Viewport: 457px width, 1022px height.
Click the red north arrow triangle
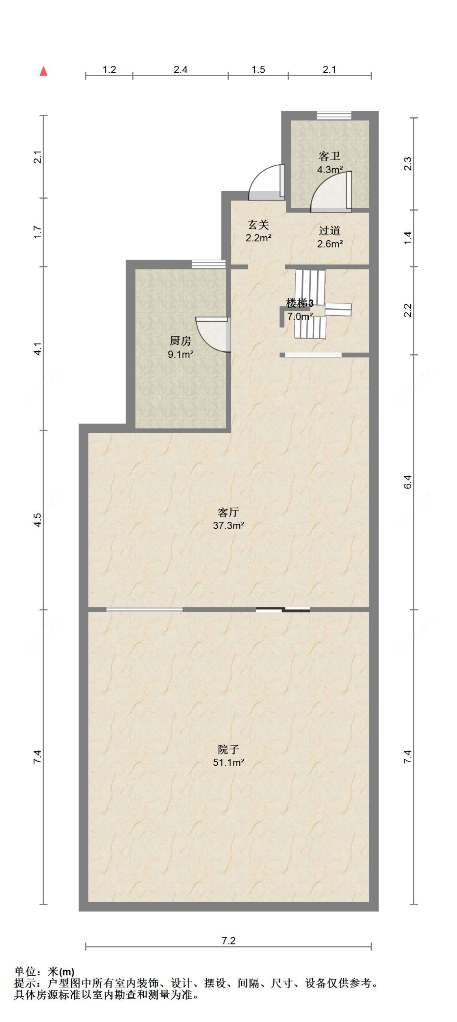[x=43, y=71]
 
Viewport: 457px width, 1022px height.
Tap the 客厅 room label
[x=228, y=512]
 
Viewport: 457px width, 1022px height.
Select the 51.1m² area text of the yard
[x=228, y=762]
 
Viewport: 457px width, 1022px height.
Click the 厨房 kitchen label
[x=180, y=341]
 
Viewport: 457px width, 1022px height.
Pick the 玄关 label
[x=258, y=224]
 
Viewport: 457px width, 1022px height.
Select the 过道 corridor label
[x=329, y=231]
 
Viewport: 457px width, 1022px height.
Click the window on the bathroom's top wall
[x=334, y=115]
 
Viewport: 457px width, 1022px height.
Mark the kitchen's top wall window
[x=208, y=264]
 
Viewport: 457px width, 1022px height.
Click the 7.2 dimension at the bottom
[x=228, y=940]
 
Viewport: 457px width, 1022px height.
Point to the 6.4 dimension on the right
[x=408, y=482]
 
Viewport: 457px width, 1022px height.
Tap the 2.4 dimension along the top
[x=180, y=70]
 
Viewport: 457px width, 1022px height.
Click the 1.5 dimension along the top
[x=258, y=70]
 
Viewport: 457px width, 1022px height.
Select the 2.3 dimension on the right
[x=408, y=164]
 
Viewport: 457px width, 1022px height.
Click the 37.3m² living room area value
[x=228, y=525]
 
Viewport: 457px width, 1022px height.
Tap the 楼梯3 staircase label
[x=300, y=303]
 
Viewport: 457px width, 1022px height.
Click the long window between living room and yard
[x=144, y=609]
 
